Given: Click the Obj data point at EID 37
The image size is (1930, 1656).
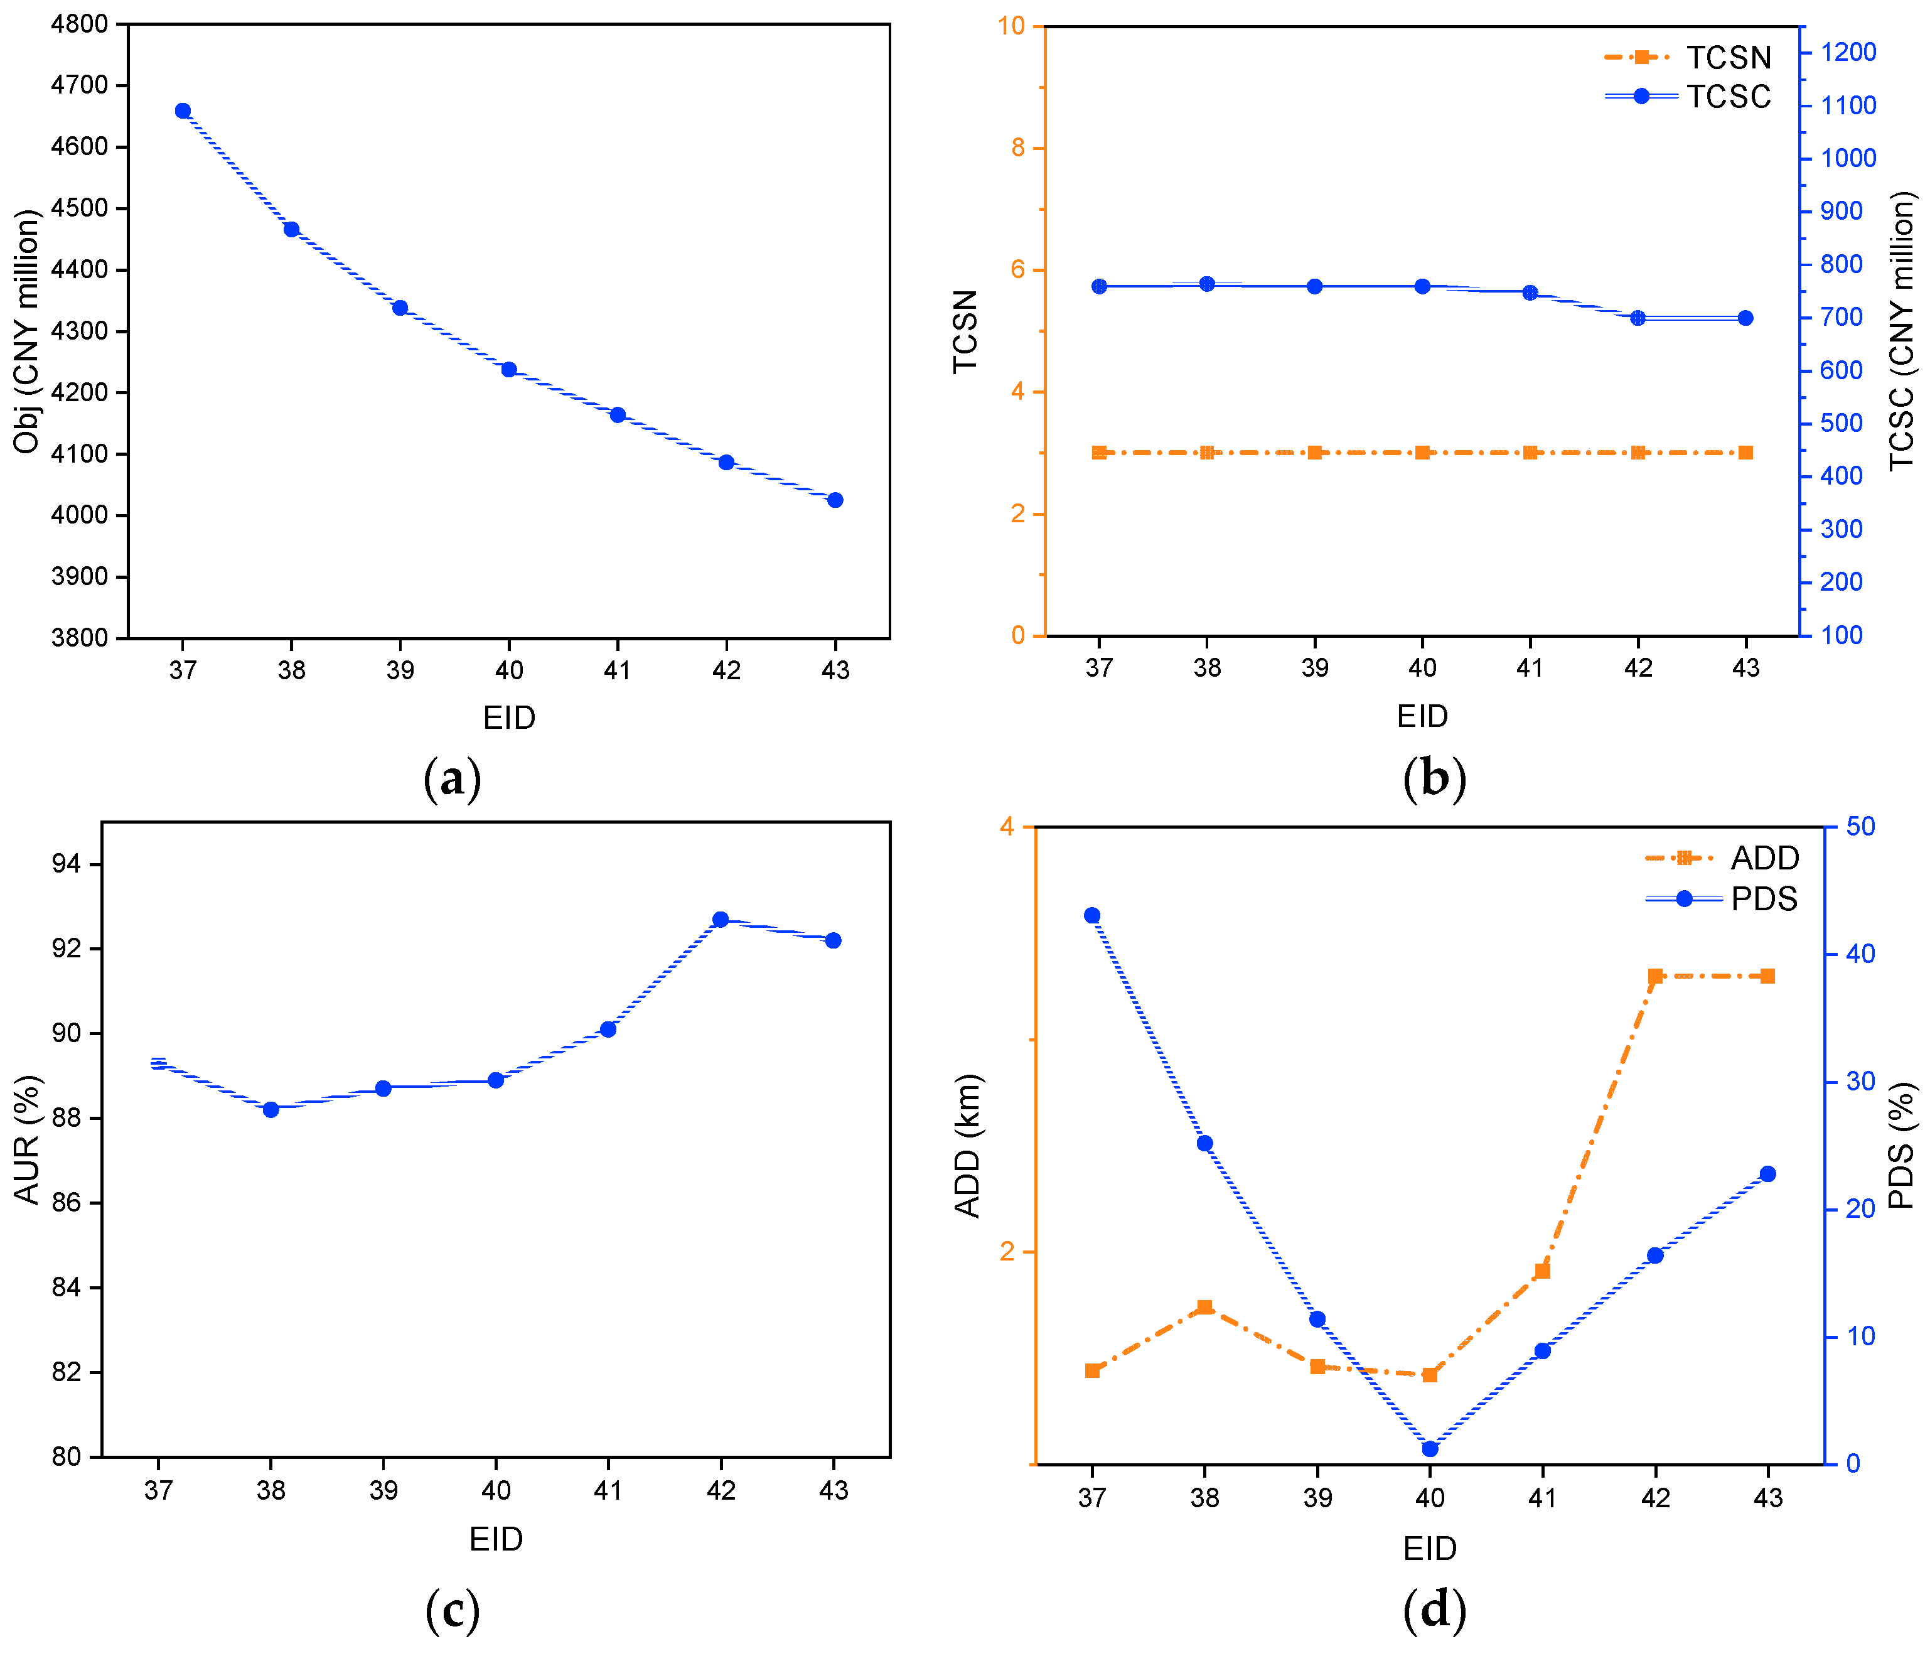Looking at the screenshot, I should coord(183,111).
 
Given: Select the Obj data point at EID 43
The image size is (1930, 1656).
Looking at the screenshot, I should coord(835,500).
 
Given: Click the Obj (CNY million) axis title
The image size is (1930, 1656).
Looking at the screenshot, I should coord(27,331).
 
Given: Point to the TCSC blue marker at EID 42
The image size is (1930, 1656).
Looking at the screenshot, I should coord(1638,318).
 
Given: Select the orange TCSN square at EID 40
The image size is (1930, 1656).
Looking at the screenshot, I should coord(1422,453).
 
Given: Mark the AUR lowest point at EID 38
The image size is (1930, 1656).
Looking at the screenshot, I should coord(271,1109).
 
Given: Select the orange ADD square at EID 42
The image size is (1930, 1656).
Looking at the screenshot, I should coord(1655,977).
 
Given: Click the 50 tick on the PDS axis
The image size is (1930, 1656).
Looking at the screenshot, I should coord(1860,826).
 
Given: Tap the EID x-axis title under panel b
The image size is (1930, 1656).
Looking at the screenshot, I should coord(1422,716).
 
